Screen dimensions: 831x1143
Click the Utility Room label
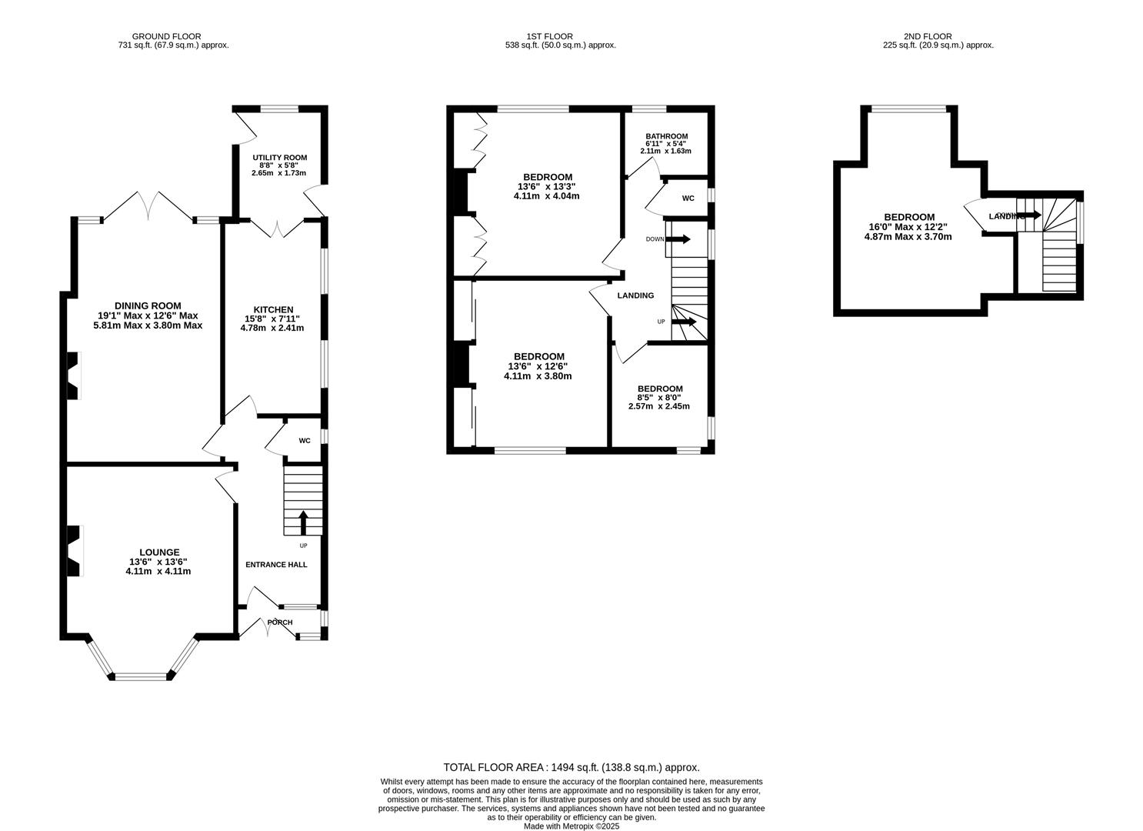pos(279,158)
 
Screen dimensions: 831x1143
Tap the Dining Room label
pos(148,305)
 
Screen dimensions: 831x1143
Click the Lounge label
pos(159,552)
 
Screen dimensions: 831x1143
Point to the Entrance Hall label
pos(276,565)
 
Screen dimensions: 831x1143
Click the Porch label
pos(280,622)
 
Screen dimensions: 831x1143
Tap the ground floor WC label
pos(305,441)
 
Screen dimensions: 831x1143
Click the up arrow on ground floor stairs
pos(302,522)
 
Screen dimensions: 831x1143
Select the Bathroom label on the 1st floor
pos(666,136)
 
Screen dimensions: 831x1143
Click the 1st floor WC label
pos(688,199)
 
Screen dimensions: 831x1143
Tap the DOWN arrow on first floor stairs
pos(678,239)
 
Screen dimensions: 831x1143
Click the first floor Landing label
pos(635,295)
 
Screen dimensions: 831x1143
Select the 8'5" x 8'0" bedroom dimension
pos(659,398)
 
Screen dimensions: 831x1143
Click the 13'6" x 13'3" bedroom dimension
pos(546,186)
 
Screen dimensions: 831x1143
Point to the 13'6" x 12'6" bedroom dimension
pos(538,366)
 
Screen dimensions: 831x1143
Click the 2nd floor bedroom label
pos(909,217)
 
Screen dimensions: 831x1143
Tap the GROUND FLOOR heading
pos(167,36)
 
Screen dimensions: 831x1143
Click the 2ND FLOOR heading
pos(928,36)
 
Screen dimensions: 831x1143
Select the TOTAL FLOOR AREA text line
pos(571,767)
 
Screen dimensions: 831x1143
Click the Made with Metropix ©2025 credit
pos(571,826)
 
